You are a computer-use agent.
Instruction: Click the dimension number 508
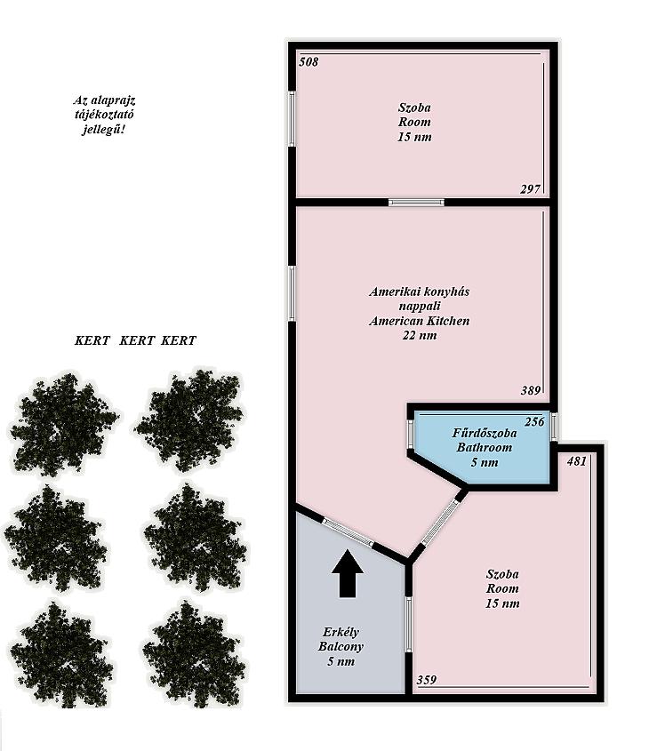click(308, 62)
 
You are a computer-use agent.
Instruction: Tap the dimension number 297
click(530, 189)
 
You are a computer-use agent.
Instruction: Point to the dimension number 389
click(531, 390)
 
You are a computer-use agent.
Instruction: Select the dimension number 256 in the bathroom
click(534, 421)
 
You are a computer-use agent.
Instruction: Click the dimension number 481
click(577, 460)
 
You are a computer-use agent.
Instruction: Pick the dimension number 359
click(426, 680)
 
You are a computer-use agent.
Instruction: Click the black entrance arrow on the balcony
click(348, 574)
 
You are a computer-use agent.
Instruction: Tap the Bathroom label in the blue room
click(485, 447)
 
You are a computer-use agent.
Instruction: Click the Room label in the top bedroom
click(414, 122)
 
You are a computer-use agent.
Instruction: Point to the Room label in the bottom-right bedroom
click(502, 588)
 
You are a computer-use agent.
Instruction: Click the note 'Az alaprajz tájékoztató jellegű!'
click(104, 115)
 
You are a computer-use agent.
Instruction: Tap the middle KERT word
click(137, 340)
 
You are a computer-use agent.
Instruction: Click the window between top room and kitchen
click(416, 202)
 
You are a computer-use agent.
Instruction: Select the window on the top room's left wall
click(292, 118)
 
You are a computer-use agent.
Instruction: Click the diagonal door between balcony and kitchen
click(348, 532)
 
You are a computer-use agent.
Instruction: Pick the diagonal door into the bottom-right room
click(441, 522)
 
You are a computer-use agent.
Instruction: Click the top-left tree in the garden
click(64, 424)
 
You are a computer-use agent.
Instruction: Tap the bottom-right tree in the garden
click(195, 654)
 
